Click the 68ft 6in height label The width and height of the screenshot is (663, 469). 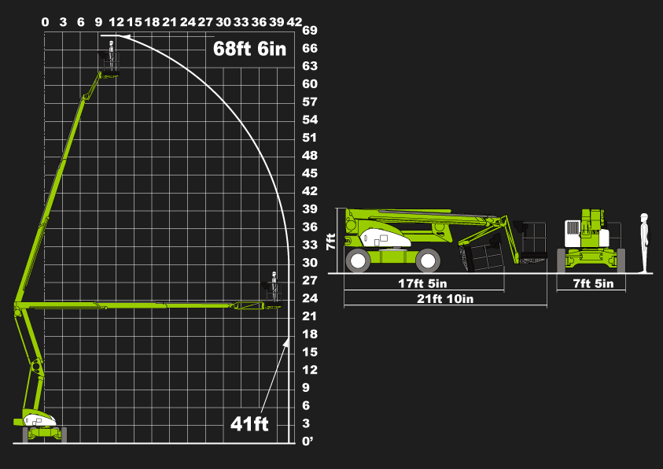[249, 49]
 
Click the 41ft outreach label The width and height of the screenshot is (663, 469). [249, 423]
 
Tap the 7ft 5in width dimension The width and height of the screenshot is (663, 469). [593, 283]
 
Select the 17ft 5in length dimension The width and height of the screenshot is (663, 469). [422, 283]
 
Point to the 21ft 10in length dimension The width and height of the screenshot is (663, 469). [445, 298]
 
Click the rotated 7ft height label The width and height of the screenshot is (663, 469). [330, 242]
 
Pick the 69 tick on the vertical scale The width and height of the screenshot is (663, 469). [310, 31]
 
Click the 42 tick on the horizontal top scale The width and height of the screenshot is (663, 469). [294, 22]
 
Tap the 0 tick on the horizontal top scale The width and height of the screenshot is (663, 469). [46, 22]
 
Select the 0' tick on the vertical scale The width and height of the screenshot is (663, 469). [308, 441]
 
